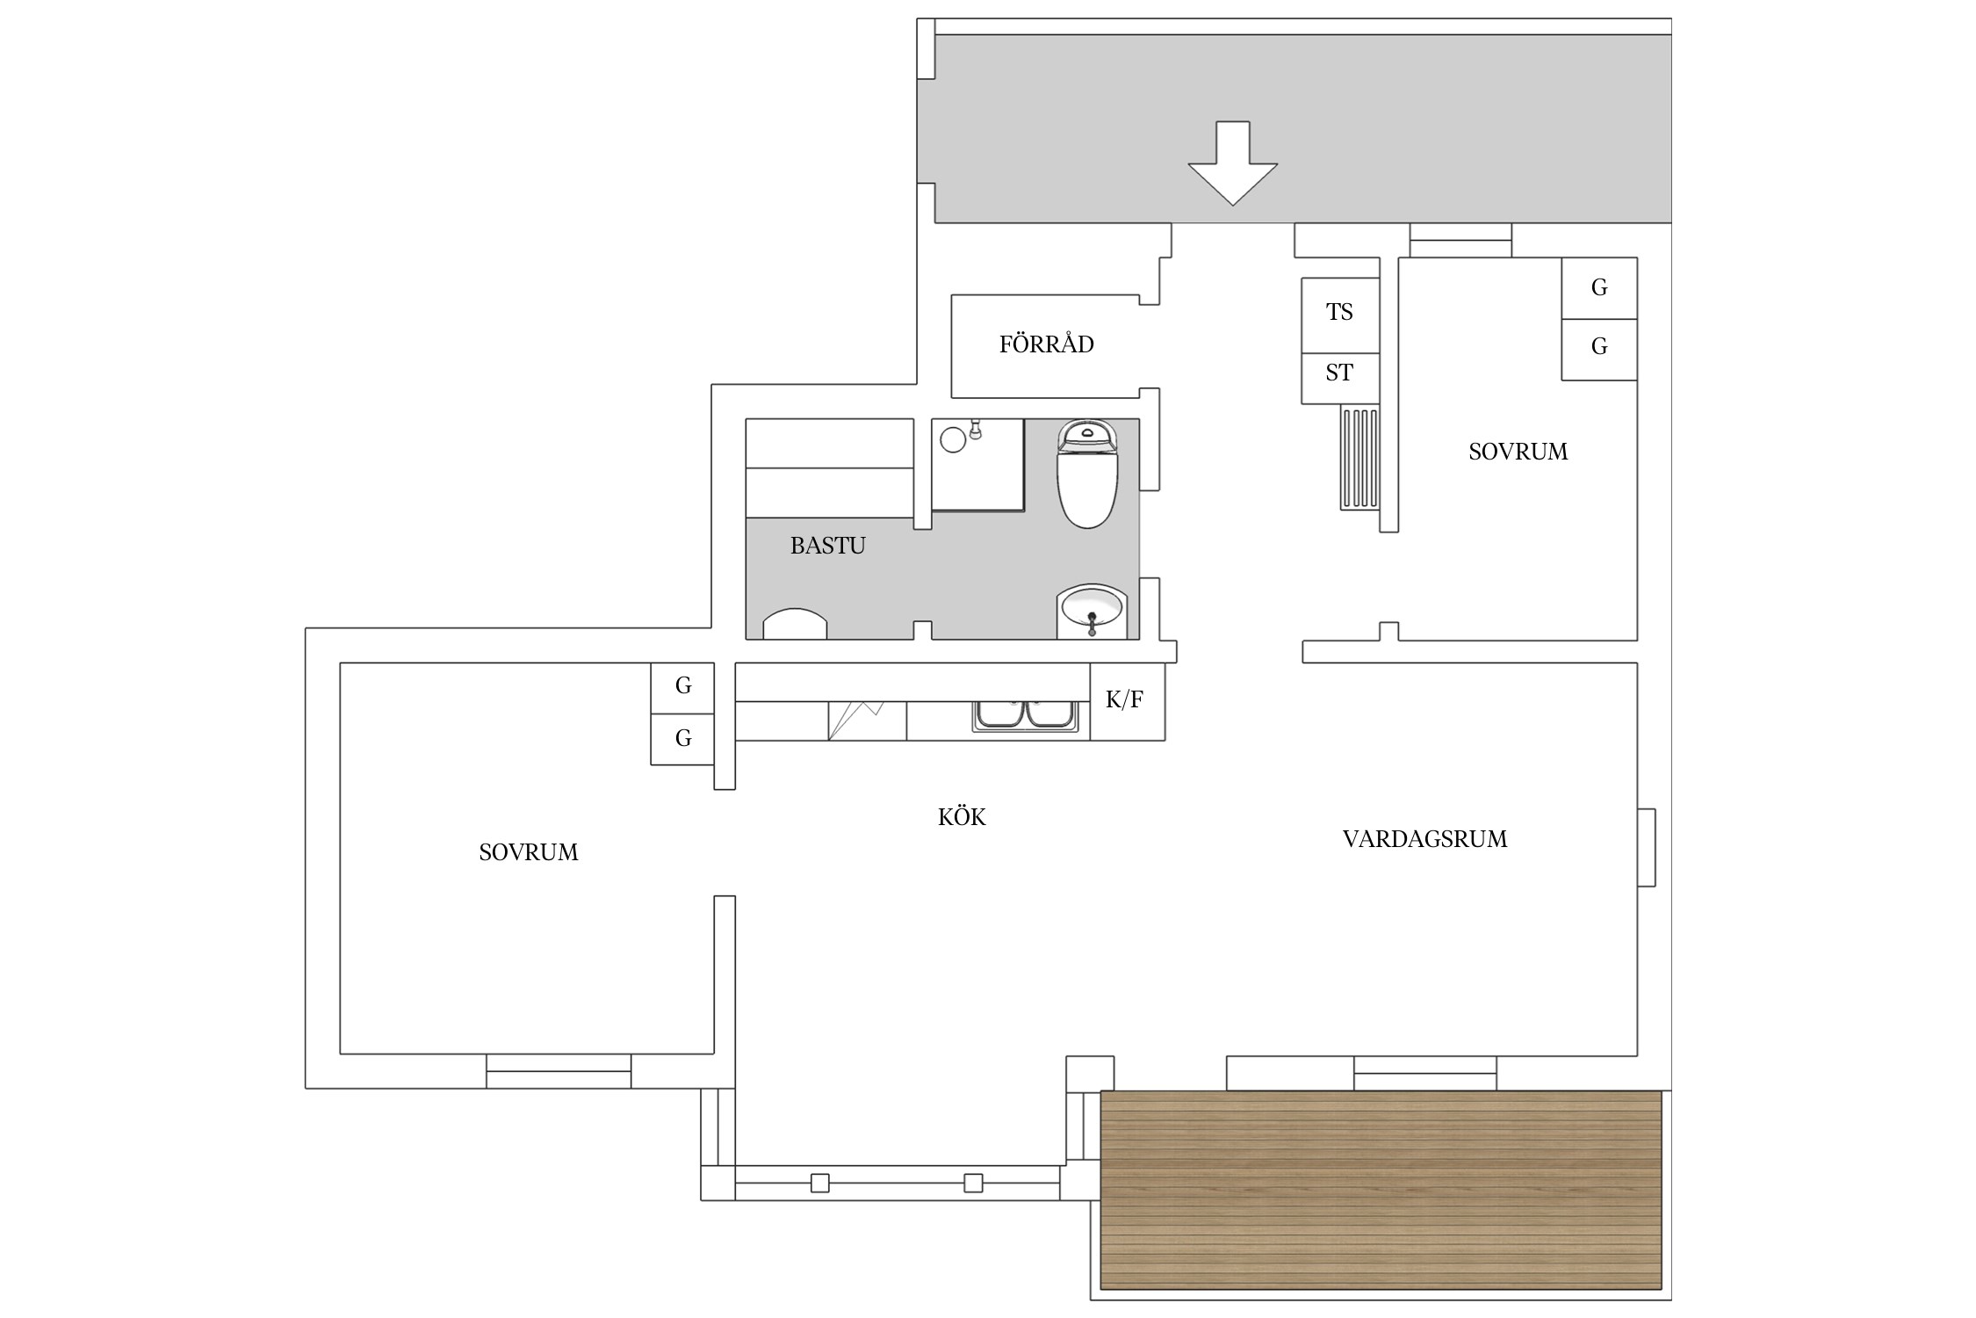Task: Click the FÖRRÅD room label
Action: coord(1046,344)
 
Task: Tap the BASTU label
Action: coord(827,546)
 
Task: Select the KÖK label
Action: coord(962,816)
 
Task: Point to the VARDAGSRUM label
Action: coord(1424,839)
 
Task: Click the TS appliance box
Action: coord(1340,315)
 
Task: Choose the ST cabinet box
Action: coord(1340,379)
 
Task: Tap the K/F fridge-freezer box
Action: coord(1128,701)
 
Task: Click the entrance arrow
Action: coord(1232,163)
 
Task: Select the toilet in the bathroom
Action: coord(1088,474)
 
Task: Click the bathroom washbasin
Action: coord(1092,611)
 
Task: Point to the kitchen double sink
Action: coord(1024,715)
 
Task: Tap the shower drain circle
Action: coord(953,439)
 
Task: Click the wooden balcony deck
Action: coord(1381,1191)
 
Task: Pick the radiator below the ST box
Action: coord(1359,457)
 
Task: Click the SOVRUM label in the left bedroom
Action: coord(528,852)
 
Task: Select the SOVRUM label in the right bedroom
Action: coord(1518,452)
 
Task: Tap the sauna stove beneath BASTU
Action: coord(795,624)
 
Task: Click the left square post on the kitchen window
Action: coord(819,1183)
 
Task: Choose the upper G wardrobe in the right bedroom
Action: coord(1599,288)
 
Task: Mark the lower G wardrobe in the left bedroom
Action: coord(682,739)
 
